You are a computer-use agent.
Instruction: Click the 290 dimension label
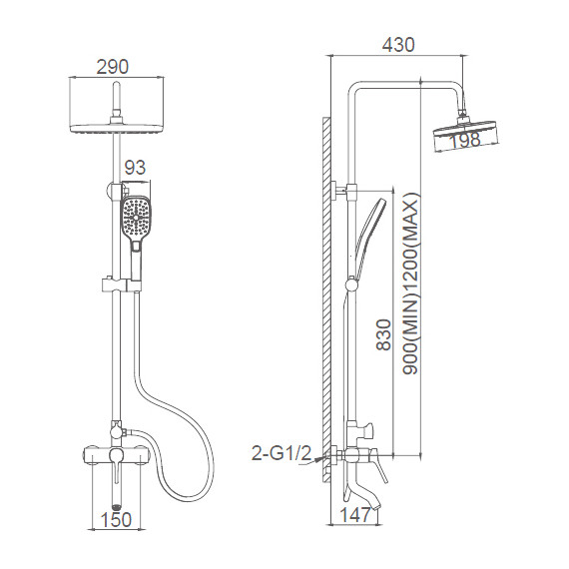(113, 67)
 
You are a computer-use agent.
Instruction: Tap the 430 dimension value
(398, 45)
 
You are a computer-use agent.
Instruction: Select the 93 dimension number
(135, 168)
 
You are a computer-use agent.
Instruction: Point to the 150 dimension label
(116, 520)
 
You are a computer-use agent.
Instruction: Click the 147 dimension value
(355, 514)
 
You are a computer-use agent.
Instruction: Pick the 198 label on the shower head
(465, 140)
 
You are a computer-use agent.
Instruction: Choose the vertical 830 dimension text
(384, 334)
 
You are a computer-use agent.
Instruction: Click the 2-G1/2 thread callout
(282, 453)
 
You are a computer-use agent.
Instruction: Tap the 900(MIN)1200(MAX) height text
(411, 284)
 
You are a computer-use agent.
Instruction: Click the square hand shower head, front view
(136, 217)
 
